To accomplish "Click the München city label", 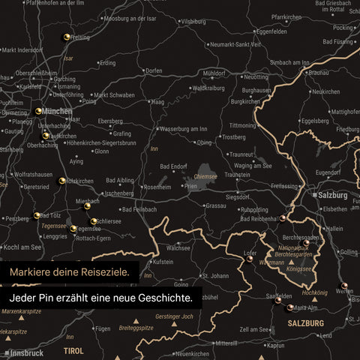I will (58, 110).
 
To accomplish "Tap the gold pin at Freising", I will (67, 36).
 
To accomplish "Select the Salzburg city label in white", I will (334, 194).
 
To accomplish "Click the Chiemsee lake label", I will (205, 177).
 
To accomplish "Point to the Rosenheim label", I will (157, 187).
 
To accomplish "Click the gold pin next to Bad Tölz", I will (37, 216).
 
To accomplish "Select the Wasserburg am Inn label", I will (184, 129).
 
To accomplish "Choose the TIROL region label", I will (73, 350).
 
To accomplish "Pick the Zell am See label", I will (254, 328).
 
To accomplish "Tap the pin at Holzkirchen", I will (63, 180).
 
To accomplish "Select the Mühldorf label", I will (214, 73).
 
